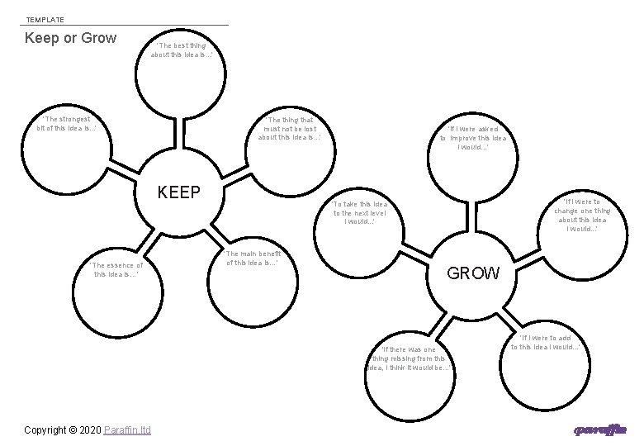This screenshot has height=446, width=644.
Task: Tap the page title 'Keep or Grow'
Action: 71,38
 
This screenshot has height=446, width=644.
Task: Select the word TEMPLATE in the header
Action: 45,19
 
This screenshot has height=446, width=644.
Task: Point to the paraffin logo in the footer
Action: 600,430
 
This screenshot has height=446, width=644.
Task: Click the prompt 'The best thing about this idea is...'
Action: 182,50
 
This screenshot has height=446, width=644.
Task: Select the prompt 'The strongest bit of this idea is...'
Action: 67,123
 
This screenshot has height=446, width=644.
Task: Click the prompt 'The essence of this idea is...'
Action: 117,269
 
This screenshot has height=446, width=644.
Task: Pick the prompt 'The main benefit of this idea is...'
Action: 253,258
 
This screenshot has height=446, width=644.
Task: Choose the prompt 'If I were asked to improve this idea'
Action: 473,137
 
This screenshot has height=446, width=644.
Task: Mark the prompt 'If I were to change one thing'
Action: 582,215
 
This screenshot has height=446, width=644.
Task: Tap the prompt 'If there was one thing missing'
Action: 410,358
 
